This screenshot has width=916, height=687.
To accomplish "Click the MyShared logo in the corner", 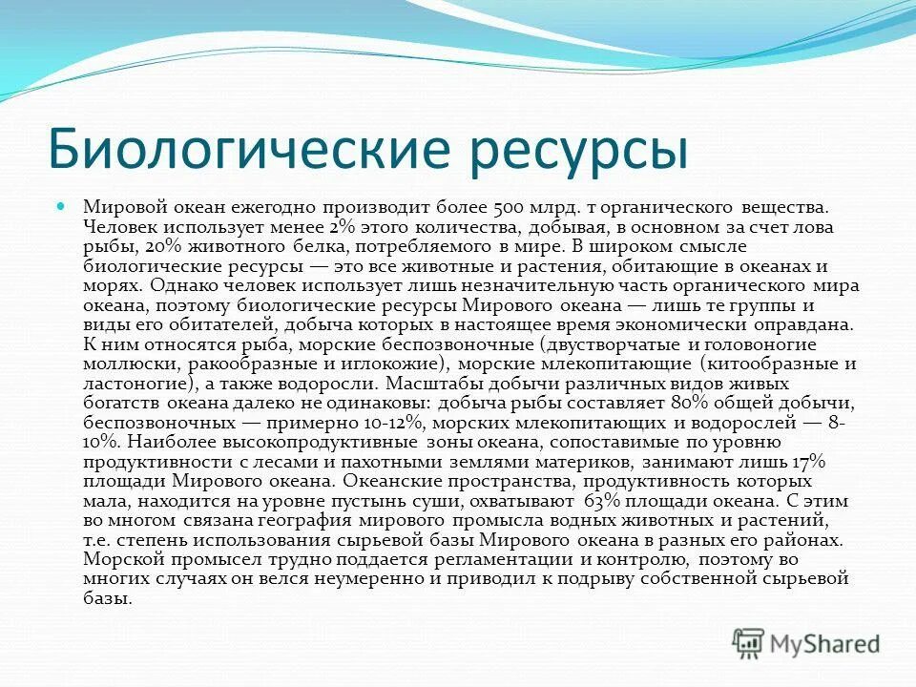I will [807, 644].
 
